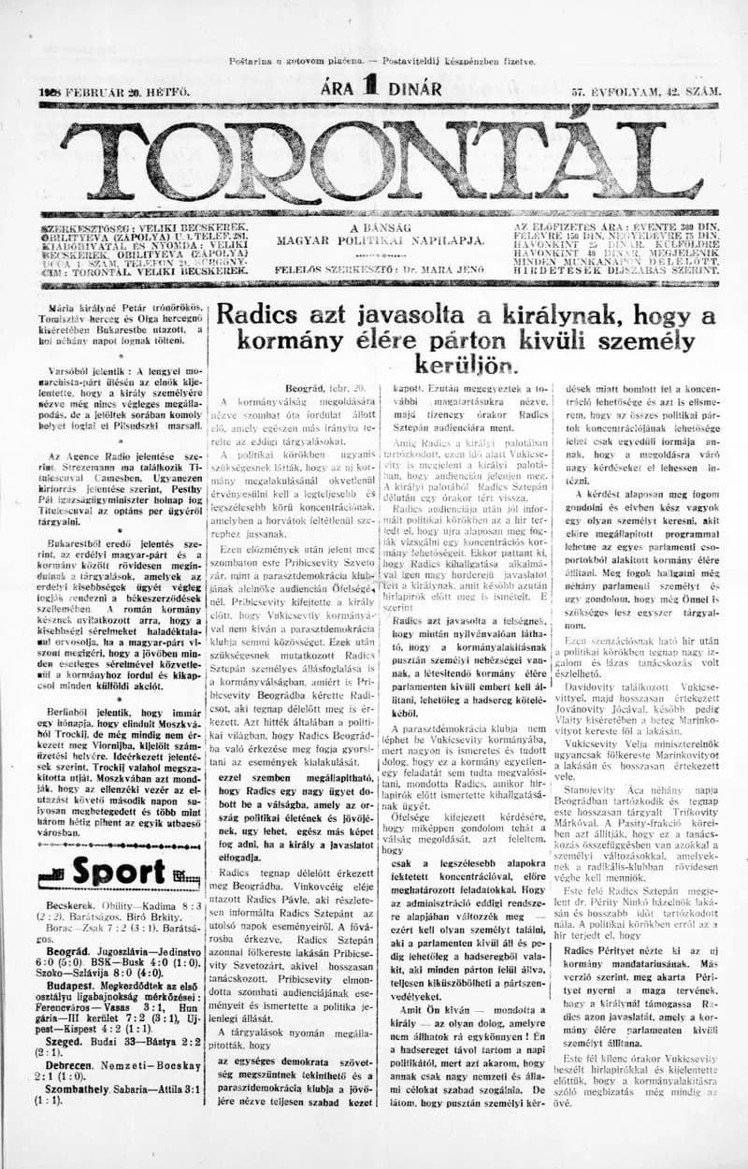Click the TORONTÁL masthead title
pos(378,159)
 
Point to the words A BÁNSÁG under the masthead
pos(380,227)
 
